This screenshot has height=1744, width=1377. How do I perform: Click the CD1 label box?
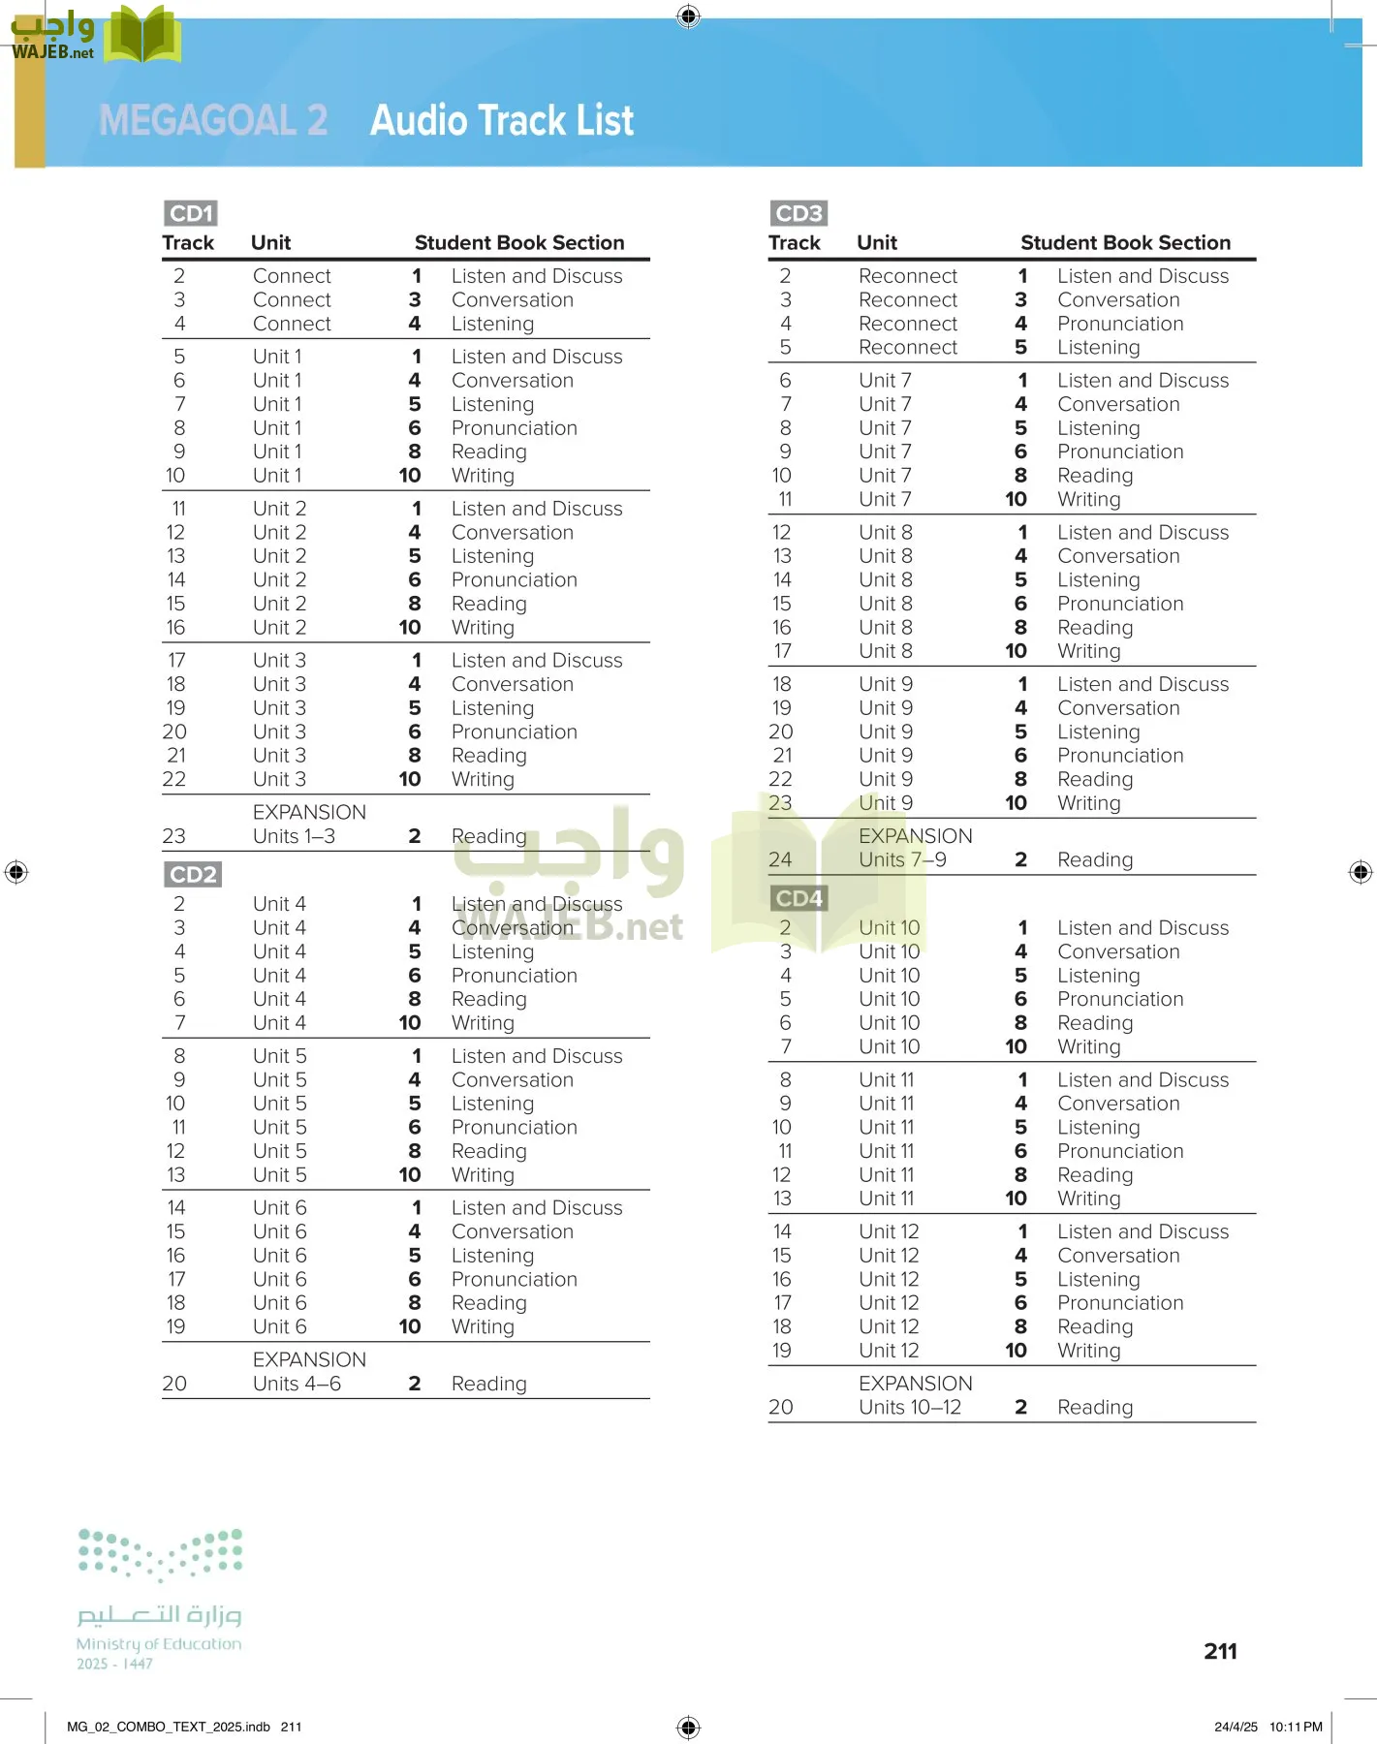[x=190, y=213]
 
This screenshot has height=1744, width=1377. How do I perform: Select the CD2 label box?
[x=192, y=875]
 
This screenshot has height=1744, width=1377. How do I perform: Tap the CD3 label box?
[x=798, y=213]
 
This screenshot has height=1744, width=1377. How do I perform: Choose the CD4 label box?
[x=798, y=898]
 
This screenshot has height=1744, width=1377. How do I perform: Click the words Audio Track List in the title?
[x=502, y=121]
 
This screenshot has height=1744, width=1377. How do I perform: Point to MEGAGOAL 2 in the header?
[x=213, y=121]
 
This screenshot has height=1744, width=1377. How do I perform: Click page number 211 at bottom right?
[x=1220, y=1651]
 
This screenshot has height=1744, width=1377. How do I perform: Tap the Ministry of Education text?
[x=159, y=1644]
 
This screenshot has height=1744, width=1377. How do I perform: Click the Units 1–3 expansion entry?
[x=294, y=836]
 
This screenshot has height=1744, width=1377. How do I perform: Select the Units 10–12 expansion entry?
[x=909, y=1407]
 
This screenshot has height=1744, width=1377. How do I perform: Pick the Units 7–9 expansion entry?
[x=902, y=859]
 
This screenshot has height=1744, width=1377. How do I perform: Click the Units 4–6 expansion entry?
[x=297, y=1384]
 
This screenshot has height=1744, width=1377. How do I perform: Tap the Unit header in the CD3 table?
[x=876, y=243]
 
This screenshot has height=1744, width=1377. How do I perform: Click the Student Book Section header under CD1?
[x=519, y=243]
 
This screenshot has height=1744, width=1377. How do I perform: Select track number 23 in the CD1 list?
[x=174, y=836]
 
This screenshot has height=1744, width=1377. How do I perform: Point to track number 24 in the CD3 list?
[x=780, y=859]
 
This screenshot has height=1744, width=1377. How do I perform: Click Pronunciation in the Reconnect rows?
[x=1120, y=324]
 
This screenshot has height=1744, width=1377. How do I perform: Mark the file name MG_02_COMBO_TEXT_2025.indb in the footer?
[x=169, y=1727]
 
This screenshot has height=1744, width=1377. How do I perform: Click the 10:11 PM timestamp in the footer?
[x=1296, y=1727]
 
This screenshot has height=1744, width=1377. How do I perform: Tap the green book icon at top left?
[x=141, y=36]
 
